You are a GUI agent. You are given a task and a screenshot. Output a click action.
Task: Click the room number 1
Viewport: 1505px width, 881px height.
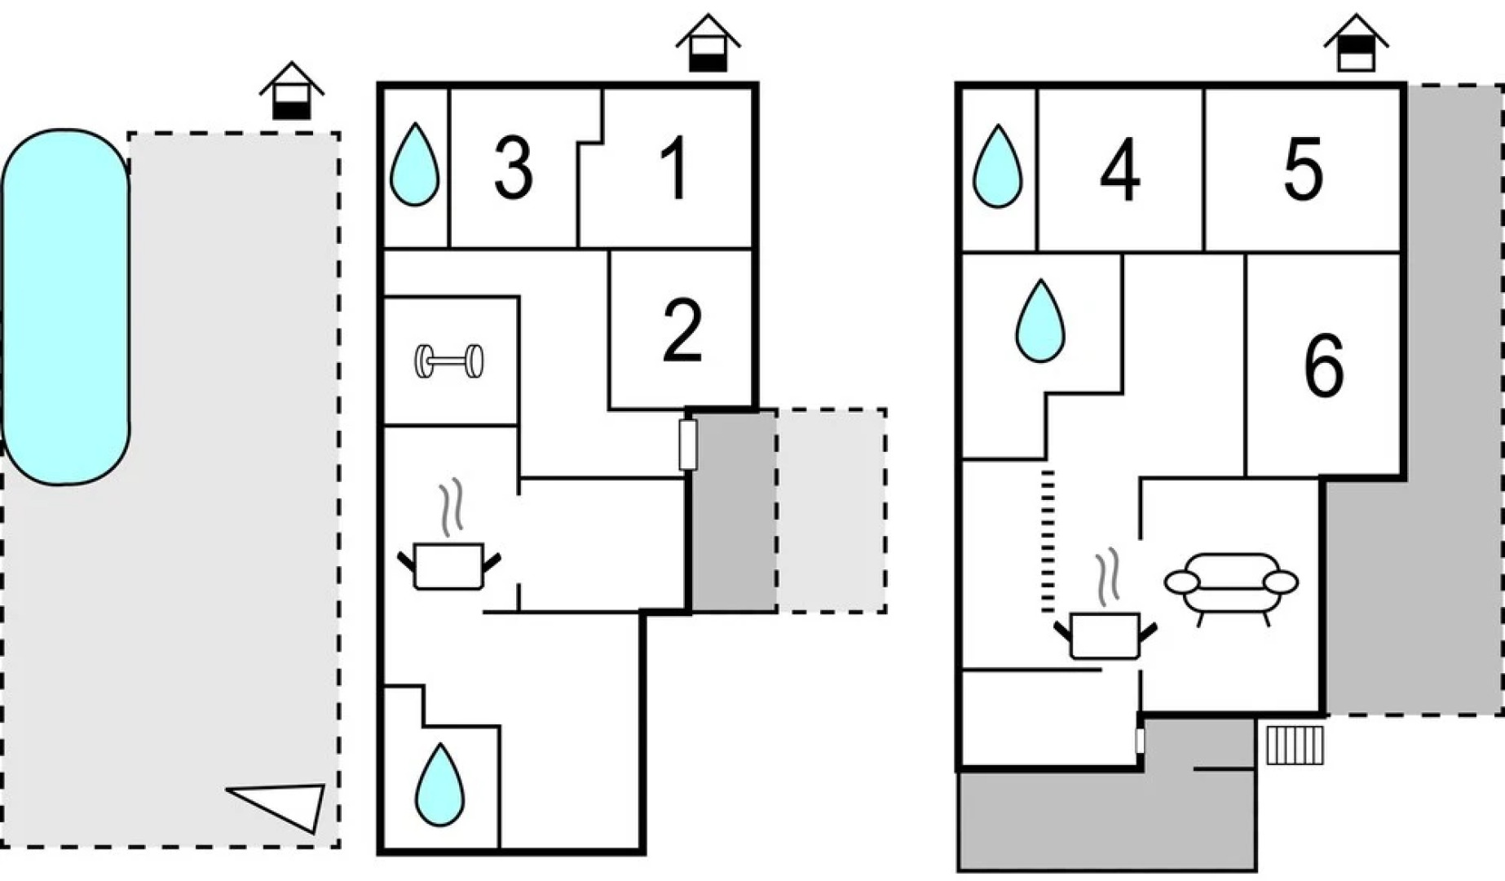tap(675, 169)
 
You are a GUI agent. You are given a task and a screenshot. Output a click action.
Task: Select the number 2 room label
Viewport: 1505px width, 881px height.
tap(682, 330)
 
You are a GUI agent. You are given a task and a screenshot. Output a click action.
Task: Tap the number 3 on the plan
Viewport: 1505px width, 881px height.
tap(514, 169)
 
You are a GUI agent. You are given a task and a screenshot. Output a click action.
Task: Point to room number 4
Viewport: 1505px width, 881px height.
tap(1120, 170)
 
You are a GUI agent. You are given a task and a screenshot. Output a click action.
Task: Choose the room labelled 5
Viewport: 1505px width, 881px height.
tap(1303, 170)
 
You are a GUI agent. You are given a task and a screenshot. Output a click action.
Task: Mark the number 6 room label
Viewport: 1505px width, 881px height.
tap(1323, 366)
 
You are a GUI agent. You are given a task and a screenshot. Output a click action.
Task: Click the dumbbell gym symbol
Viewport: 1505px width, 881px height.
tap(449, 361)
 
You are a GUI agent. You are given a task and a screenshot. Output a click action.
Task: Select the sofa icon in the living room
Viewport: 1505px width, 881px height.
tap(1231, 585)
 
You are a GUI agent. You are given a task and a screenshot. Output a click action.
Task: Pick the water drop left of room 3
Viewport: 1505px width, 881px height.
tap(415, 165)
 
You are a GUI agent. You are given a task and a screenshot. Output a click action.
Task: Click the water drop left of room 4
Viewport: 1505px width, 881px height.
tap(998, 166)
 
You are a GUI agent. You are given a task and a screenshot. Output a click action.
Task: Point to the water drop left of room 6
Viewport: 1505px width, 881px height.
tap(1040, 321)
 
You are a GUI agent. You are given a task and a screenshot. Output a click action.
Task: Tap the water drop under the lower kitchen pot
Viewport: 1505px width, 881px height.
tap(439, 785)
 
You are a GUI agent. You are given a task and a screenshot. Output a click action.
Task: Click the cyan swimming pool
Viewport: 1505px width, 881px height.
tap(65, 307)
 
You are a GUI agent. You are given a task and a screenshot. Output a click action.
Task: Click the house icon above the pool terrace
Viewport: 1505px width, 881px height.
tap(291, 91)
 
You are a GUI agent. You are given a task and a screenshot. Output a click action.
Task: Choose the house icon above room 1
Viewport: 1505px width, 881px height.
tap(708, 44)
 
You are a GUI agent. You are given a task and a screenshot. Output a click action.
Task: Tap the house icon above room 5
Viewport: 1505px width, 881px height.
tap(1356, 44)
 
